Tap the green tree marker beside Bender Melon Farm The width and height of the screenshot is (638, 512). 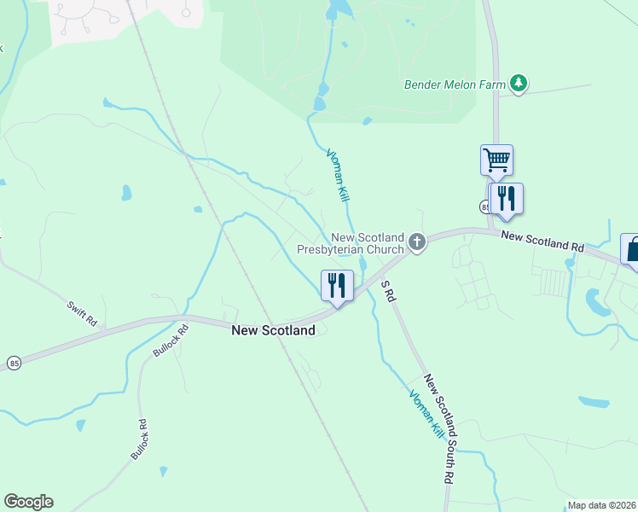coord(518,83)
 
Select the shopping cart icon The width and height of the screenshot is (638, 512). coord(496,159)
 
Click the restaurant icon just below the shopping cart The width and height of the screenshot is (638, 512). coord(507,198)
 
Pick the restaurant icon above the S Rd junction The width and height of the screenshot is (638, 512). coord(336,284)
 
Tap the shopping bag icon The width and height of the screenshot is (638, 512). coord(632,249)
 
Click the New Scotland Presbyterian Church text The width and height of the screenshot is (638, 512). coord(350,244)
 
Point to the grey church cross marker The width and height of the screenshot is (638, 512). coord(417,243)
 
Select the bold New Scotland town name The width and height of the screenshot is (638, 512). coord(267,330)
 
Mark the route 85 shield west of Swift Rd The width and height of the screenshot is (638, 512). coord(14,364)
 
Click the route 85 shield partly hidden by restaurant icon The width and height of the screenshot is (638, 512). coord(484,207)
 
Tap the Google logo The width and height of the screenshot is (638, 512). coord(28,502)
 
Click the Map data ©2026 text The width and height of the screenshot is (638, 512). coord(601,505)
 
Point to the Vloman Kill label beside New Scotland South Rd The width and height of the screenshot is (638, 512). coord(426,415)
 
